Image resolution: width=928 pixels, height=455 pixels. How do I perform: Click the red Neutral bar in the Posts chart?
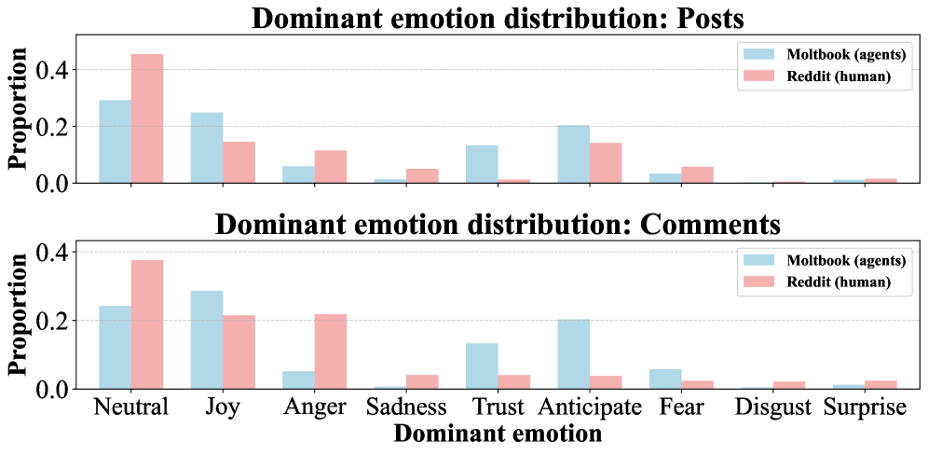click(147, 118)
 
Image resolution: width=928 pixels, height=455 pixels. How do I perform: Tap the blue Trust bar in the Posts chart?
click(482, 164)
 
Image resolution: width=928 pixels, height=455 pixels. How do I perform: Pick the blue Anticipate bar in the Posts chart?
click(573, 154)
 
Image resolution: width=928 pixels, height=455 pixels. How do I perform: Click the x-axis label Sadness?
click(405, 408)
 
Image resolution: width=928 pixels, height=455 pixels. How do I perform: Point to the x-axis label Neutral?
click(130, 408)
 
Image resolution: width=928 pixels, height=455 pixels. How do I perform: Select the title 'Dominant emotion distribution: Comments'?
click(497, 225)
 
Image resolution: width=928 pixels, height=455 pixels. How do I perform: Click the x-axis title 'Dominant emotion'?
click(497, 434)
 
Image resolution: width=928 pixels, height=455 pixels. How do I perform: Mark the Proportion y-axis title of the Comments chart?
click(17, 314)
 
